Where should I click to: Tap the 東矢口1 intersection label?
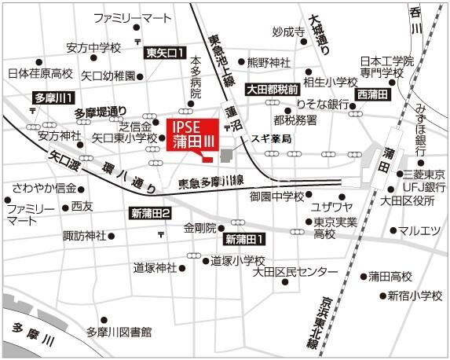(165, 53)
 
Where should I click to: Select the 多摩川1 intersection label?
(53, 98)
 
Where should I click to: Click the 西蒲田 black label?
(372, 94)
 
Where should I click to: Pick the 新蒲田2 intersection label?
(152, 214)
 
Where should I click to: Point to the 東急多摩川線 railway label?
(210, 182)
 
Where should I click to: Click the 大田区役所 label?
(408, 200)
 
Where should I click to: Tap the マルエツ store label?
(419, 231)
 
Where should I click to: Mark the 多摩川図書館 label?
(119, 332)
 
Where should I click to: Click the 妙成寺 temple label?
(288, 32)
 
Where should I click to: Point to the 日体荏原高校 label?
(40, 74)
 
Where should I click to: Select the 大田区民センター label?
(295, 272)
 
